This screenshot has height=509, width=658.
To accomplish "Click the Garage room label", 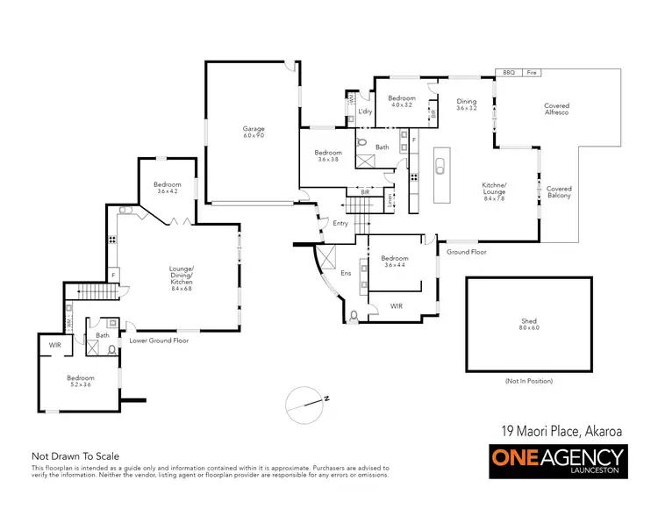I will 254,133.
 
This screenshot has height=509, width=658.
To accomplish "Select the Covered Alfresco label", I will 556,110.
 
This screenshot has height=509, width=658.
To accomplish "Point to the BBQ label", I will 509,73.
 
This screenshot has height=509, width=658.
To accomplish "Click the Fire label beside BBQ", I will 531,73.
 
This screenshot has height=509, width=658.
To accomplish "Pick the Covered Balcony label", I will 559,192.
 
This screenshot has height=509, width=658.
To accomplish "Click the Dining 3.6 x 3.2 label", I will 467,104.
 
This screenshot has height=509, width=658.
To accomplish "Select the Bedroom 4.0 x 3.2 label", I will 401,101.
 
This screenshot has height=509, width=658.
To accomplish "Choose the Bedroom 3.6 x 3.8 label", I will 328,155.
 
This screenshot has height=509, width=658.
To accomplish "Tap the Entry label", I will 340,224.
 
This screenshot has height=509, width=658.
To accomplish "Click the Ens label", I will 345,273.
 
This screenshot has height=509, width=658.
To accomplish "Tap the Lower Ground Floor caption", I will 158,340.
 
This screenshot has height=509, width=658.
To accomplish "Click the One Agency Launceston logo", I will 557,459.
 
